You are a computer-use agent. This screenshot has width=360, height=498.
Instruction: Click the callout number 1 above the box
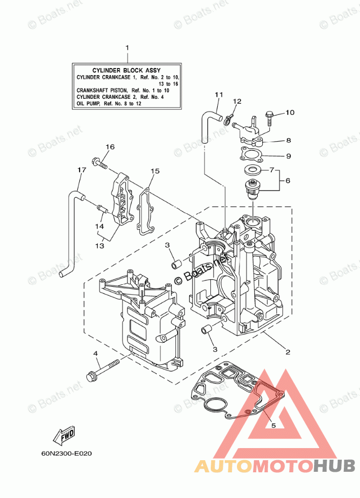pos(127,48)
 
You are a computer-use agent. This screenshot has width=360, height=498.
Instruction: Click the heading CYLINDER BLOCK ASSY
pos(127,71)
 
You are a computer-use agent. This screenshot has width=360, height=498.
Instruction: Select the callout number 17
pos(82,170)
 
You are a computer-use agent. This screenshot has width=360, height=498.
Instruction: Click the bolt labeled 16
pos(99,163)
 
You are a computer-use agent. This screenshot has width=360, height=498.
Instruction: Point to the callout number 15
pos(155,171)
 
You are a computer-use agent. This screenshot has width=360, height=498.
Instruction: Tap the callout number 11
pos(219,95)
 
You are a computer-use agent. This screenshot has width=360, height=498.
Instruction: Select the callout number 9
pos(288,156)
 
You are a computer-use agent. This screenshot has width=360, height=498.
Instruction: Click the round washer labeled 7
pos(253,169)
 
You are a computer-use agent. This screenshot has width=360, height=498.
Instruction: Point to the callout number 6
pos(288,181)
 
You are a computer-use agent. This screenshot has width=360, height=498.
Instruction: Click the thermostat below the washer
pos(253,189)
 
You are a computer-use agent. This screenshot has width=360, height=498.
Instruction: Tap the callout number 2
pos(288,352)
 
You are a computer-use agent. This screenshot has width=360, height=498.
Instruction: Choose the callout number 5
pos(274,425)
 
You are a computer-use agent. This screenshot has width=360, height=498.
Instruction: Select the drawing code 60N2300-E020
pos(67,454)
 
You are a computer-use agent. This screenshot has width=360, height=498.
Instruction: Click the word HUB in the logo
pos(334,466)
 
